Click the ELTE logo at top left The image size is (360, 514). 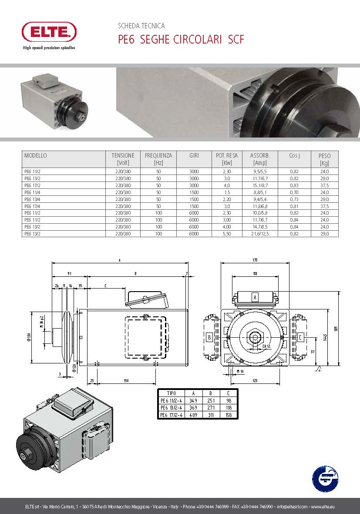point(49,32)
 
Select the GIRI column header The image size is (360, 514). point(194,155)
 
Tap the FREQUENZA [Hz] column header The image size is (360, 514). point(158,159)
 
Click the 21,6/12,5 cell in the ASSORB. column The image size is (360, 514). point(260,234)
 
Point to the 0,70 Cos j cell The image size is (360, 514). point(294,192)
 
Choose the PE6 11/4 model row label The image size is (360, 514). point(32,192)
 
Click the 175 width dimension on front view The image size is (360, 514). point(255,260)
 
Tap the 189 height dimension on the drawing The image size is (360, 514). point(336,329)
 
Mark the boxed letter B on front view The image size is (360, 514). point(209,337)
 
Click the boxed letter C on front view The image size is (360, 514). point(301,337)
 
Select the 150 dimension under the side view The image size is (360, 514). point(126,381)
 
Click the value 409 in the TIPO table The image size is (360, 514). point(194,415)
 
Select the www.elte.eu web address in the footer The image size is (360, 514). point(323,507)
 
